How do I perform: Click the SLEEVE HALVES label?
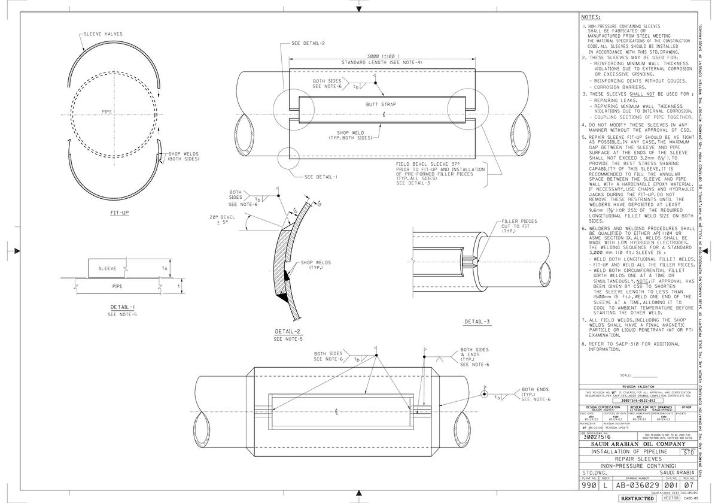click(x=103, y=34)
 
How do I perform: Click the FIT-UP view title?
click(x=119, y=213)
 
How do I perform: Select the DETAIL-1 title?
click(x=122, y=307)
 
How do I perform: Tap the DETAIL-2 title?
click(x=288, y=332)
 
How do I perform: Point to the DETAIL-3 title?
click(x=477, y=322)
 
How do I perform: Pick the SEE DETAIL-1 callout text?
click(x=321, y=177)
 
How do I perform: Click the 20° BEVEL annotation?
click(x=223, y=217)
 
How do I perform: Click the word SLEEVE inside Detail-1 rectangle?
click(x=108, y=268)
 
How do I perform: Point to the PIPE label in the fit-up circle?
click(x=107, y=112)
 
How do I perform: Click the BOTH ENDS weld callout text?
click(x=535, y=389)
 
